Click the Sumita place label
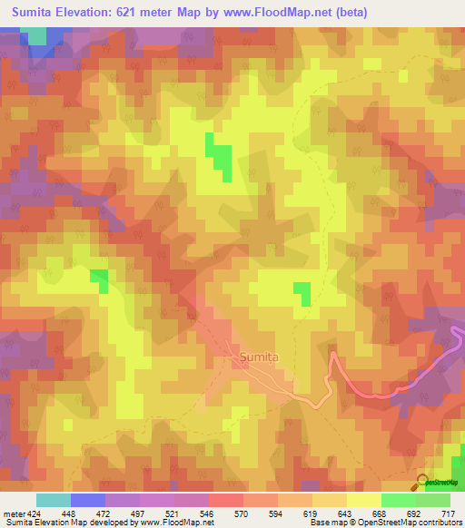tap(260, 357)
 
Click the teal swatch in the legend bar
tap(54, 500)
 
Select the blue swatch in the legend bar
tap(88, 500)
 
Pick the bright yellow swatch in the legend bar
tap(364, 500)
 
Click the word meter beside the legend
tap(14, 513)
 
